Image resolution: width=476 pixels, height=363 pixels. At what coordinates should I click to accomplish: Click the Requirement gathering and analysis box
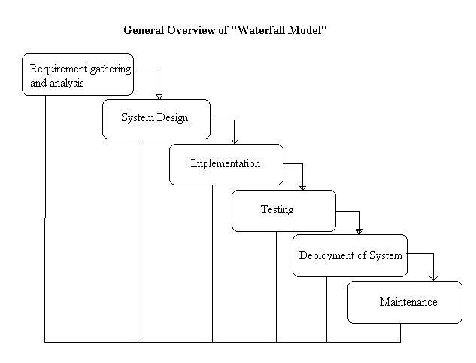click(77, 75)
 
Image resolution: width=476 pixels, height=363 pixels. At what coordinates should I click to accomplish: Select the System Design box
click(156, 119)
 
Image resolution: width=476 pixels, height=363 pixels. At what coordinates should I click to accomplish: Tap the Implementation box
click(226, 164)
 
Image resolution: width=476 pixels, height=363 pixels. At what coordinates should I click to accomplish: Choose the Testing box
click(283, 210)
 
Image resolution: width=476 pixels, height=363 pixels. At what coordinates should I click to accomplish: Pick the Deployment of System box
click(350, 255)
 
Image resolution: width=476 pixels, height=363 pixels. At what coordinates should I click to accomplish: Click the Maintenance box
click(405, 302)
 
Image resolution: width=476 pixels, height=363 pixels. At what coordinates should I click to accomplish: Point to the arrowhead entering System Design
click(159, 96)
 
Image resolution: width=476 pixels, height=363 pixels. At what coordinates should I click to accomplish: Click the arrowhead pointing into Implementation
click(235, 140)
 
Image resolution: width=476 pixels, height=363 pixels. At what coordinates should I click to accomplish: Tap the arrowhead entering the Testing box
click(302, 186)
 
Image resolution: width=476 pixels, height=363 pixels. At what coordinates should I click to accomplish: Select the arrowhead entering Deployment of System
click(359, 231)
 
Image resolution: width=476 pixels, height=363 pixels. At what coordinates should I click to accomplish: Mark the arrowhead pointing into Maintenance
click(433, 277)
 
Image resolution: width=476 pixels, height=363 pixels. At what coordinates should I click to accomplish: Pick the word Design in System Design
click(172, 118)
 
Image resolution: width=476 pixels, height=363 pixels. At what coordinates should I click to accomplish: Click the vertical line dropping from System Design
click(141, 241)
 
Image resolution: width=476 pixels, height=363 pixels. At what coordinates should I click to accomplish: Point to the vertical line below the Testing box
click(276, 286)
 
